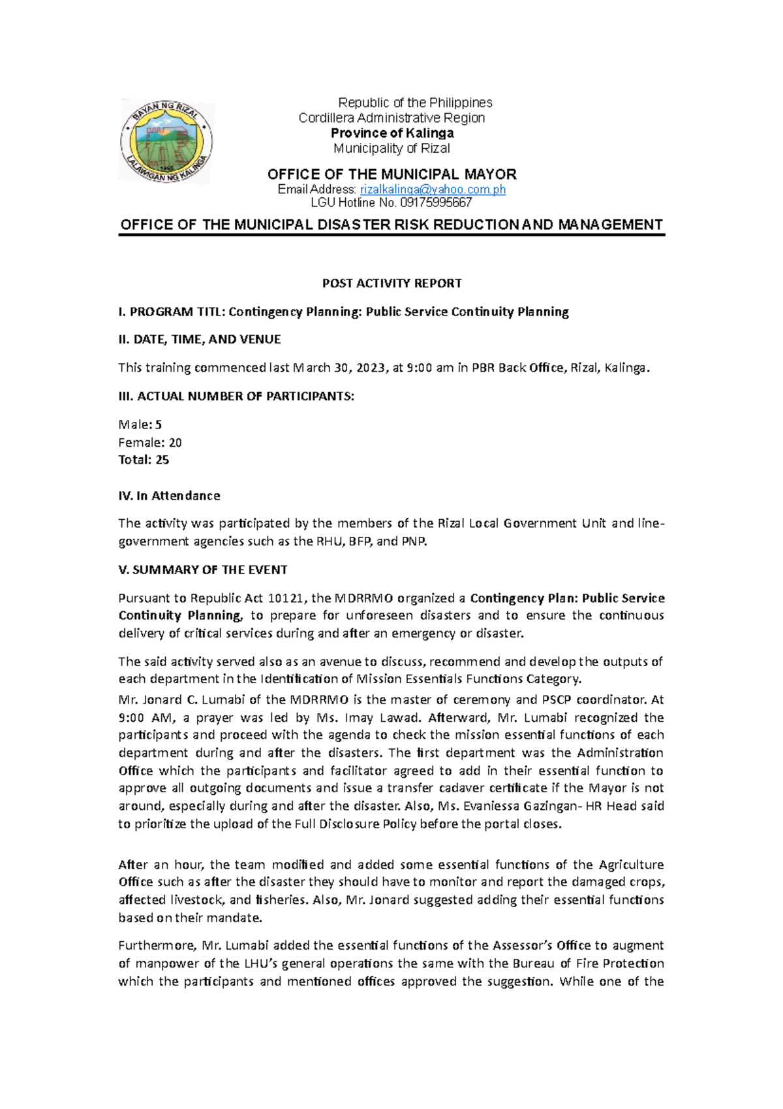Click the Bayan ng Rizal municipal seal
point(166,141)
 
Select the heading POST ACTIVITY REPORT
point(391,283)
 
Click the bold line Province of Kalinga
point(391,133)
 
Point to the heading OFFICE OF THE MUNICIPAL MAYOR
point(391,174)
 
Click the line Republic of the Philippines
point(414,103)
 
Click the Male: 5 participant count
point(140,425)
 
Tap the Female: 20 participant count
point(149,442)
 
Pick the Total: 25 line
point(144,460)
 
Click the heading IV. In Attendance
point(169,496)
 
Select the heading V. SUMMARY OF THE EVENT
point(202,570)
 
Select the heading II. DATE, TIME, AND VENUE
point(199,340)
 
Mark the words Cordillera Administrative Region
point(391,118)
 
